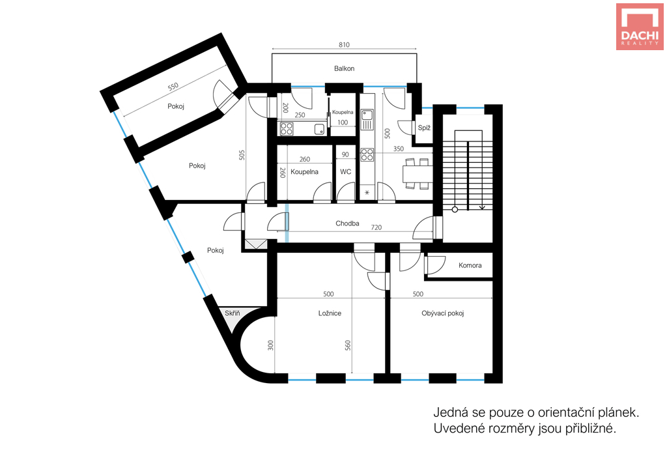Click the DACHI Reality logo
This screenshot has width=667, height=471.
point(640,26)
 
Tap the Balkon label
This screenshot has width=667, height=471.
point(344,68)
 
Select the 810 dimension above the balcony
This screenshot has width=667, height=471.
point(344,45)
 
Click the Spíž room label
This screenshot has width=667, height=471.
point(424,128)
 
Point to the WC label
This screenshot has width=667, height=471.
point(345,172)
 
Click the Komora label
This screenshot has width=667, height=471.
point(470,266)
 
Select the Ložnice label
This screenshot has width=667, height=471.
point(330,313)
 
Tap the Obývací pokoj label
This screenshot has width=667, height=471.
point(442,313)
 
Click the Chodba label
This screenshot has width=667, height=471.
point(347,223)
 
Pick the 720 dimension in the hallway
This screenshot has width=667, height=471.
point(376,227)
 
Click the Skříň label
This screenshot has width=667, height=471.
point(233,313)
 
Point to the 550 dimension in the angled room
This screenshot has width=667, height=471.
point(173,87)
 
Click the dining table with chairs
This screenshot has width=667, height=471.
point(417,173)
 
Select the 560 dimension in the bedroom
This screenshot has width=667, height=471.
point(348,345)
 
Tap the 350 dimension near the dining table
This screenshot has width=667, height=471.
point(399,149)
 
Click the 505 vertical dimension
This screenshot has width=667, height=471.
point(242,155)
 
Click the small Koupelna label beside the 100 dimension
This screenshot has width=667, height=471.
point(343,112)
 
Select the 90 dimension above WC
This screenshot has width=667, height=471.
point(345,155)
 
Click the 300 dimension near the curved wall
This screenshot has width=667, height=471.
point(270,345)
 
